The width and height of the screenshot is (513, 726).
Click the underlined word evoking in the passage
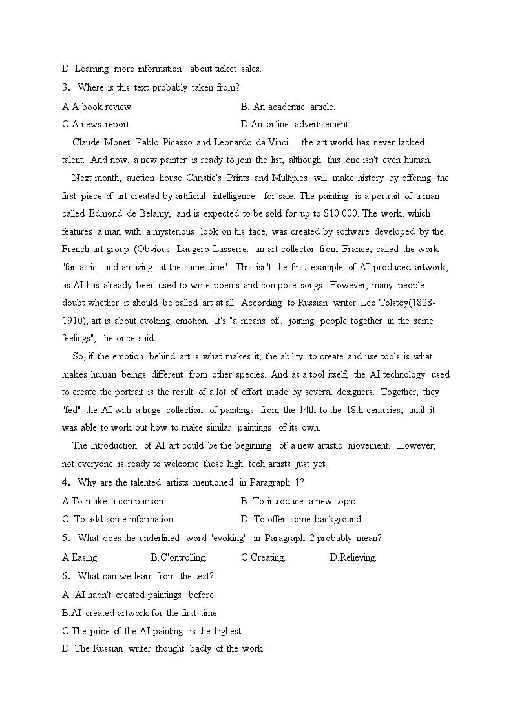pyautogui.click(x=155, y=321)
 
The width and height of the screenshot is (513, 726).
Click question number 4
pyautogui.click(x=65, y=482)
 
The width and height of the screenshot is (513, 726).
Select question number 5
pyautogui.click(x=65, y=538)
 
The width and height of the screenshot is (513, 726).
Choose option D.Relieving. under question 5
pyautogui.click(x=353, y=557)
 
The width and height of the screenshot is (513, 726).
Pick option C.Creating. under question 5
pyautogui.click(x=263, y=557)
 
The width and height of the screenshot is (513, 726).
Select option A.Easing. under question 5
pyautogui.click(x=80, y=557)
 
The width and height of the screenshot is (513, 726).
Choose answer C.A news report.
pyautogui.click(x=96, y=124)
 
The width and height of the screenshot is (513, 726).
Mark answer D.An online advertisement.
pyautogui.click(x=295, y=124)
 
